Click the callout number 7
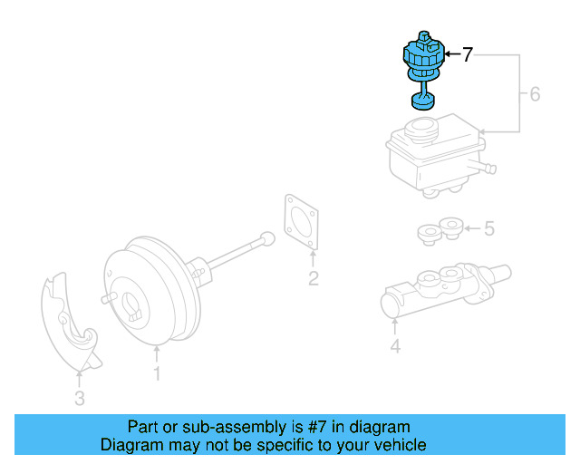pos(467,54)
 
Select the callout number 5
pos(489,228)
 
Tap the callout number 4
pos(394,344)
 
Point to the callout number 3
pos(79,397)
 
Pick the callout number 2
pos(313,278)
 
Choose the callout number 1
pos(156,372)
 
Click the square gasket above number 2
pos(303,222)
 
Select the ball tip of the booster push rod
pos(266,239)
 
